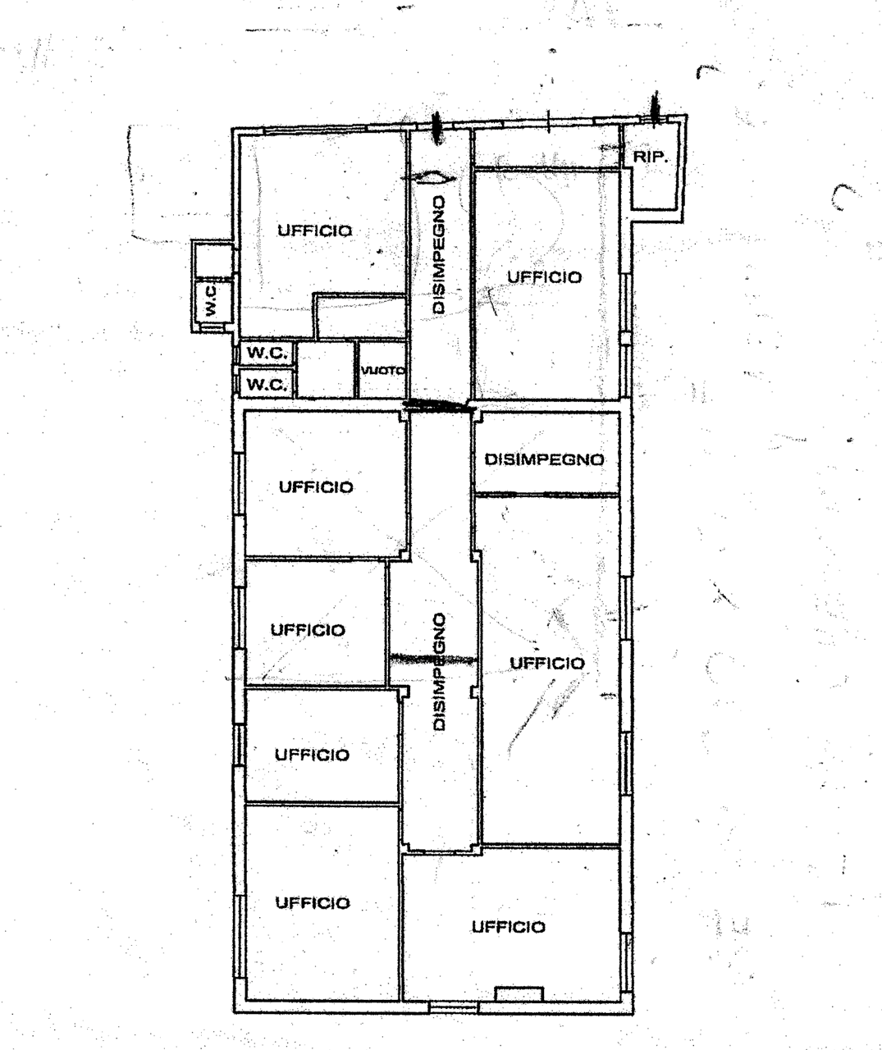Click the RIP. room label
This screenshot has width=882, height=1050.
tap(650, 157)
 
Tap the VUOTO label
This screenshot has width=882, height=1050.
tap(382, 371)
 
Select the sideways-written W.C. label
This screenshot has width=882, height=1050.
tap(212, 300)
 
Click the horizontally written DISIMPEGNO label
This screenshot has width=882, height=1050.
tap(544, 459)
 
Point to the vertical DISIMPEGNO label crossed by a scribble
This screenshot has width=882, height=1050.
tap(439, 671)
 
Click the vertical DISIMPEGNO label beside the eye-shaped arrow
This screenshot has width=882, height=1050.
tap(439, 255)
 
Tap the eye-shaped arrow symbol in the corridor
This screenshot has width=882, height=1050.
tap(428, 178)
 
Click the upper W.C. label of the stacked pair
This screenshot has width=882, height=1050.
tap(267, 353)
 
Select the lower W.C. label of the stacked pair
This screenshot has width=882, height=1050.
tap(267, 385)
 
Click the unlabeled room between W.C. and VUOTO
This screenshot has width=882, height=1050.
tap(326, 370)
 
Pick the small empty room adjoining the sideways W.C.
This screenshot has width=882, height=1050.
tap(213, 260)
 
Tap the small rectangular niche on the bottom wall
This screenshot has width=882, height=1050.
tap(519, 993)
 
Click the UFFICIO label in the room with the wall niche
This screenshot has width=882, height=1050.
tap(508, 927)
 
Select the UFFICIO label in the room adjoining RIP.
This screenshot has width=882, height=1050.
tap(545, 277)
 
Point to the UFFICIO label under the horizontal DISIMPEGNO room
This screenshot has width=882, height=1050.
tap(547, 664)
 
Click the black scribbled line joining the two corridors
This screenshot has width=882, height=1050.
tap(439, 404)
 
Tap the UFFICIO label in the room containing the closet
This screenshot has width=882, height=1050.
tap(315, 231)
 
